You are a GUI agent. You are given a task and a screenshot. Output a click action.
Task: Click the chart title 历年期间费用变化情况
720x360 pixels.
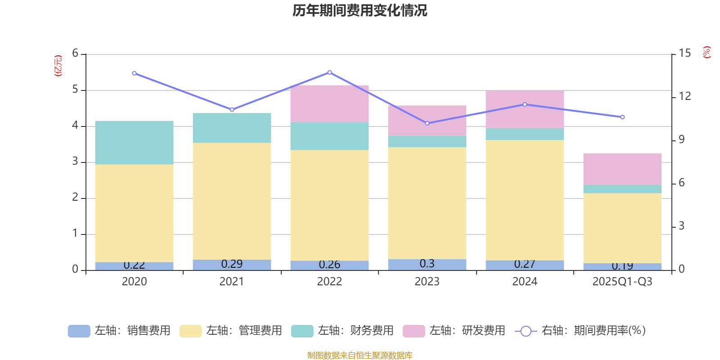pyautogui.click(x=360, y=10)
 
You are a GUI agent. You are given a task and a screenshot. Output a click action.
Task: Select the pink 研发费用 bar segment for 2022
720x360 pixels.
pyautogui.click(x=329, y=103)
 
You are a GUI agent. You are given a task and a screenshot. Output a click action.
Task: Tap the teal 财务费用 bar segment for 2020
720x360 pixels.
pyautogui.click(x=134, y=142)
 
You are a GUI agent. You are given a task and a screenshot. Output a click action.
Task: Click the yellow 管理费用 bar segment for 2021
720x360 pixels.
pyautogui.click(x=232, y=201)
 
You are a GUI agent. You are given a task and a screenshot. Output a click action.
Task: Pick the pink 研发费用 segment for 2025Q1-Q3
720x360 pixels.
pyautogui.click(x=622, y=169)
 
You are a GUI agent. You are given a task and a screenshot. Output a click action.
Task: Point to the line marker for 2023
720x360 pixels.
pyautogui.click(x=427, y=123)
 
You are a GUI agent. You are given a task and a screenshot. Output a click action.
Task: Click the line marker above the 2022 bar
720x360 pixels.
pyautogui.click(x=329, y=72)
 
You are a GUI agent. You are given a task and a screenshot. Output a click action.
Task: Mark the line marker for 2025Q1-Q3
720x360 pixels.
pyautogui.click(x=622, y=117)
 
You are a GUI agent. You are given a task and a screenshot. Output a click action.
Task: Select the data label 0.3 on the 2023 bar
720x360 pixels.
pyautogui.click(x=427, y=264)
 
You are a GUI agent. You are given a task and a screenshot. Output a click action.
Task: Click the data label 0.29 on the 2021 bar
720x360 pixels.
pyautogui.click(x=232, y=264)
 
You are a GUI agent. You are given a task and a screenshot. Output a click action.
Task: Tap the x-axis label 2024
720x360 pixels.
pyautogui.click(x=525, y=282)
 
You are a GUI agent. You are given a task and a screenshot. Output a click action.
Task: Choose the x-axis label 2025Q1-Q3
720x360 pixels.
pyautogui.click(x=622, y=282)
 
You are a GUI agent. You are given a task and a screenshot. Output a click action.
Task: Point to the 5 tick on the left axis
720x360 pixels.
pyautogui.click(x=75, y=90)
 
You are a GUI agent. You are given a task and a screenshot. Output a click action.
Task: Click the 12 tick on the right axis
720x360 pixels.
pyautogui.click(x=685, y=96)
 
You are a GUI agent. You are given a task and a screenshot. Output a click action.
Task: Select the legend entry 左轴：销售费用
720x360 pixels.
pyautogui.click(x=119, y=331)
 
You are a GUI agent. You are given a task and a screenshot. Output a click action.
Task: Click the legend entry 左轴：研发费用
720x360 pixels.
pyautogui.click(x=454, y=331)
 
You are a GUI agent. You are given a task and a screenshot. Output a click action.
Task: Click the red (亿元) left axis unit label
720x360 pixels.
pyautogui.click(x=58, y=66)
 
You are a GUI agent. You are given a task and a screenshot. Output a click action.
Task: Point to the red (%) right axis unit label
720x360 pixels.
pyautogui.click(x=706, y=52)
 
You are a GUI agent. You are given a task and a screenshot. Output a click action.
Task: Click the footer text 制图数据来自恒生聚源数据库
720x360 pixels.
pyautogui.click(x=360, y=355)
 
